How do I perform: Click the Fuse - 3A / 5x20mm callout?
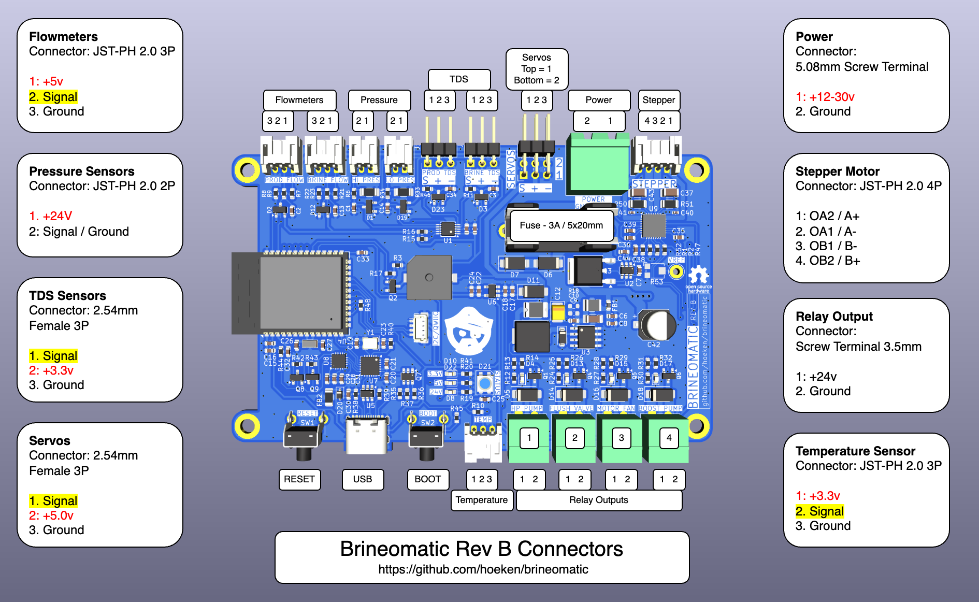562,225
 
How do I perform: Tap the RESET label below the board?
299,479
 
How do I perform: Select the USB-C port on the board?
366,435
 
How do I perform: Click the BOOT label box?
427,479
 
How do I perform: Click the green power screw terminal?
598,163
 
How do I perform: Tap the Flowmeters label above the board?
299,100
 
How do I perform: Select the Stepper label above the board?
658,100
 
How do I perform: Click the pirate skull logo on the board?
469,332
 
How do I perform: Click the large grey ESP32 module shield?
300,293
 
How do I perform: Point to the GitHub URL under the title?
483,569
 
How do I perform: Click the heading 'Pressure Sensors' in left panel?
82,171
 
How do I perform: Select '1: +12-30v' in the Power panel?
825,97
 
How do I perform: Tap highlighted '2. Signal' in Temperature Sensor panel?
820,511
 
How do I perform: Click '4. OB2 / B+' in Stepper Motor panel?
828,261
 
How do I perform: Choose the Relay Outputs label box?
598,500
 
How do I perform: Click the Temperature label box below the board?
482,500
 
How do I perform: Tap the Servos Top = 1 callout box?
537,69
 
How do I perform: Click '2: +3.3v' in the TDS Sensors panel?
51,370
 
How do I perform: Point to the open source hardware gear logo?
698,275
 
